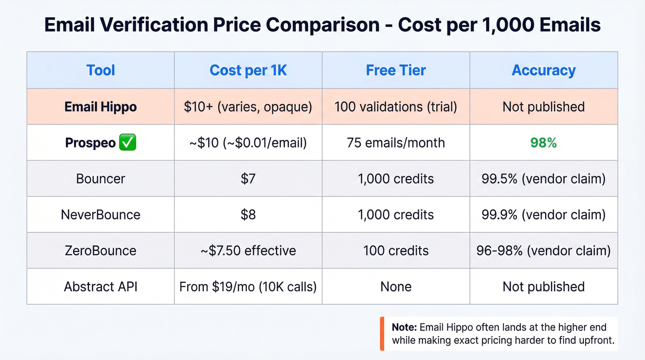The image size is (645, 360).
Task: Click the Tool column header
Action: tap(100, 71)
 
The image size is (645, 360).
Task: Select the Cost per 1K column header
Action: tap(248, 71)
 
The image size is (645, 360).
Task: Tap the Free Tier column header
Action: tap(396, 71)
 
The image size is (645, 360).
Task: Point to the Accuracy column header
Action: tap(544, 71)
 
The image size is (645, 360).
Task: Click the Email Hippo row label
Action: tap(100, 107)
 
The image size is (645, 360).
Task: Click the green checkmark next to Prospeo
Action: tap(127, 143)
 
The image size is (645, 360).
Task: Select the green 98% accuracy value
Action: tap(544, 143)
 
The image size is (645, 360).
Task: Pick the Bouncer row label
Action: tap(100, 179)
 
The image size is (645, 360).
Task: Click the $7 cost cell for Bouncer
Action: tap(248, 179)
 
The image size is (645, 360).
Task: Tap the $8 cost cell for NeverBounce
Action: tap(248, 215)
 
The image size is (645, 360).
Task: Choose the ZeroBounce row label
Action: tap(100, 251)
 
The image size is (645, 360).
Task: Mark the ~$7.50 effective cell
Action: tap(248, 251)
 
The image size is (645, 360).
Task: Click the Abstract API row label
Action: tap(100, 287)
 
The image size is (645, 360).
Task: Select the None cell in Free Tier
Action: tap(396, 287)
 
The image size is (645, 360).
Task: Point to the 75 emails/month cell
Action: tap(396, 143)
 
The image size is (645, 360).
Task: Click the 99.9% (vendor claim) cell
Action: tap(544, 215)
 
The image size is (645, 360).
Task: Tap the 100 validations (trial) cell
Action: tap(396, 107)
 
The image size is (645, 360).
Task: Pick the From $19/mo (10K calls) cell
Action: tap(248, 287)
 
